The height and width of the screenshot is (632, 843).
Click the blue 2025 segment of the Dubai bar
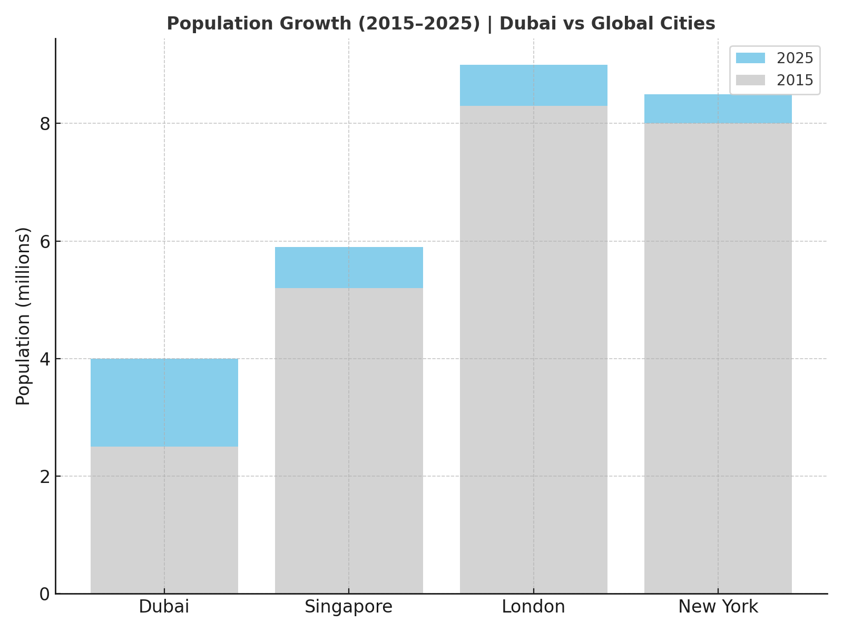[164, 402]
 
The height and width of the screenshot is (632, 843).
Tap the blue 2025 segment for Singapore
[349, 268]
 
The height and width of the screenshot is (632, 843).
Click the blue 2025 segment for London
[533, 85]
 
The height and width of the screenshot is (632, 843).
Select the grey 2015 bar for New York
[718, 358]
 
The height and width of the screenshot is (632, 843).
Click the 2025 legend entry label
[795, 58]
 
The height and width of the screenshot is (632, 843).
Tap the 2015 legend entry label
[795, 80]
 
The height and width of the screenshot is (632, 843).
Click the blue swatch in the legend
[750, 58]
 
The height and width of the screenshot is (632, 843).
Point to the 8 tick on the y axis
[45, 124]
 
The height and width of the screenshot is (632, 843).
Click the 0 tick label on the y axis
[45, 594]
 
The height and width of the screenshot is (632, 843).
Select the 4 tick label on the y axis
[45, 359]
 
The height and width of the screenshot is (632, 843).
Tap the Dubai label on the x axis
[164, 607]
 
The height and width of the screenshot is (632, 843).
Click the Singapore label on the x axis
[348, 607]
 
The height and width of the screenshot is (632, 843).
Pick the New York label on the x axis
[718, 607]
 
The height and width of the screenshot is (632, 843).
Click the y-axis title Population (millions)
[23, 316]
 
